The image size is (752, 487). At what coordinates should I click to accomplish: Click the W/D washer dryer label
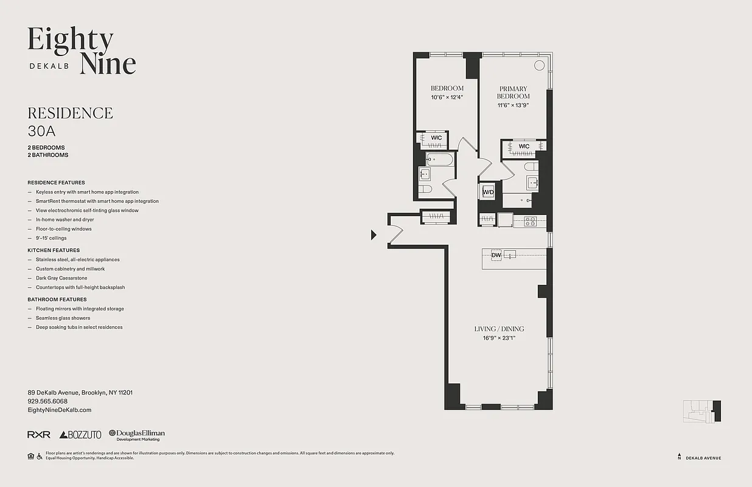[488, 192]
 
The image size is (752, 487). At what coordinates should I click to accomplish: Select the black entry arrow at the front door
[374, 235]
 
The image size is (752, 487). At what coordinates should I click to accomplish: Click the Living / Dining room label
[499, 329]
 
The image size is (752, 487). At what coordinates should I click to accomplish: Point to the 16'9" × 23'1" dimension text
[499, 338]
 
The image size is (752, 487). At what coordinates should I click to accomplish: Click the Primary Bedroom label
[513, 93]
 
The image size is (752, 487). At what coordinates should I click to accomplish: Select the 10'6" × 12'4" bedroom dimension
[447, 97]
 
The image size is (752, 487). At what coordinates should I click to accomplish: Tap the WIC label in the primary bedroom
[524, 146]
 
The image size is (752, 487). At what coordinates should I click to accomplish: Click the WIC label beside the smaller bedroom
[436, 138]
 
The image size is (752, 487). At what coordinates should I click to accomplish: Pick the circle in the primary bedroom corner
[539, 66]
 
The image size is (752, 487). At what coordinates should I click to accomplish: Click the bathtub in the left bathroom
[439, 160]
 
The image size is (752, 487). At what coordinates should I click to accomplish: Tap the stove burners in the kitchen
[530, 222]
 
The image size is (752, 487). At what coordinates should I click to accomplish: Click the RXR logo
[39, 435]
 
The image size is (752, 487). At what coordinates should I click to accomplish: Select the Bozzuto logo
[80, 435]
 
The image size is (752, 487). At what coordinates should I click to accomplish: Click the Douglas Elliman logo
[137, 435]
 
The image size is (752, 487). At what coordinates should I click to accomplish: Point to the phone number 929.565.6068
[47, 401]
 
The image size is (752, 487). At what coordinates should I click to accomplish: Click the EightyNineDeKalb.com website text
[60, 410]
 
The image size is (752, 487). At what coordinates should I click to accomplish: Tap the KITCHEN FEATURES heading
[54, 250]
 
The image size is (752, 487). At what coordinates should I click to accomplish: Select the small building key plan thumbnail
[702, 411]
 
